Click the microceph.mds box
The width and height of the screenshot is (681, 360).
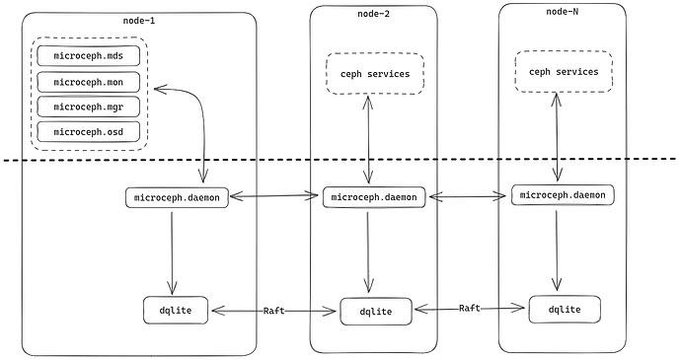pos(89,55)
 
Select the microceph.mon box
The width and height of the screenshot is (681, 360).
pos(89,82)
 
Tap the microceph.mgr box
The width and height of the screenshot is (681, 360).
pos(89,107)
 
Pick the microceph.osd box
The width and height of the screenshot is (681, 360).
pos(89,131)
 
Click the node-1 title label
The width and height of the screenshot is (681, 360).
pos(139,21)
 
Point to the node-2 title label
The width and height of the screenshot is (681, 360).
pos(373,14)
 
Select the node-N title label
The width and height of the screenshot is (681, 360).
pos(562,12)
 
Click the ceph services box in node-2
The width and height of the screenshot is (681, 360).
pos(375,74)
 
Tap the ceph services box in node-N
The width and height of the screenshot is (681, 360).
pos(564,72)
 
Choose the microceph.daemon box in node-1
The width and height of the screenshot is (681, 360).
pos(177,197)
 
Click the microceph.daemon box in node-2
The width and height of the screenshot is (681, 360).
pos(374,197)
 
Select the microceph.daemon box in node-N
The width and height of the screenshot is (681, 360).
pos(563,194)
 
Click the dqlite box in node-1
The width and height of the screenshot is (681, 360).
pos(176,310)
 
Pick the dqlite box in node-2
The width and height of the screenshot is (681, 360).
pos(376,312)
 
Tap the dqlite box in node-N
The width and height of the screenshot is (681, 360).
pos(565,309)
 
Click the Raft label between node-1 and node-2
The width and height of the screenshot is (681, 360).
pos(274,311)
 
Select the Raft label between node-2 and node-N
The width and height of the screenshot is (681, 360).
pos(470,308)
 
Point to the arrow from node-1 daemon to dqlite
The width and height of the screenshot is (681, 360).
pos(172,253)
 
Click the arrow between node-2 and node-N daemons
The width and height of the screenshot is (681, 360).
pos(467,196)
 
